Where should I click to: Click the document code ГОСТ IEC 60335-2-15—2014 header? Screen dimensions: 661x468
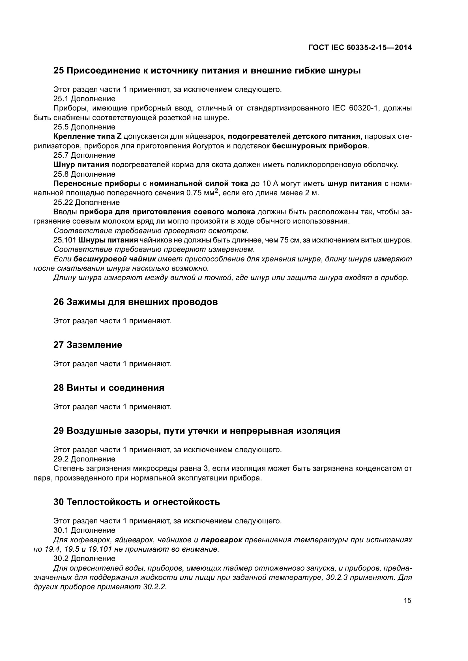(x=360, y=47)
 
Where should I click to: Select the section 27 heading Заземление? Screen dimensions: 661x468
(x=88, y=344)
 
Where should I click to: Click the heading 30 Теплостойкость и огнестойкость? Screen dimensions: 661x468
(x=137, y=502)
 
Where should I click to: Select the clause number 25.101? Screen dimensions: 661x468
(x=65, y=240)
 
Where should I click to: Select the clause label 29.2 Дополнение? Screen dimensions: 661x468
(x=84, y=459)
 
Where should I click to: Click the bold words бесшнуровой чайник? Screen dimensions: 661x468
(x=115, y=259)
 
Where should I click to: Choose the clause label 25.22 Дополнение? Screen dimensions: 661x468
(x=87, y=202)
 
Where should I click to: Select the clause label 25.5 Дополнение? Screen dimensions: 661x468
(x=84, y=127)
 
